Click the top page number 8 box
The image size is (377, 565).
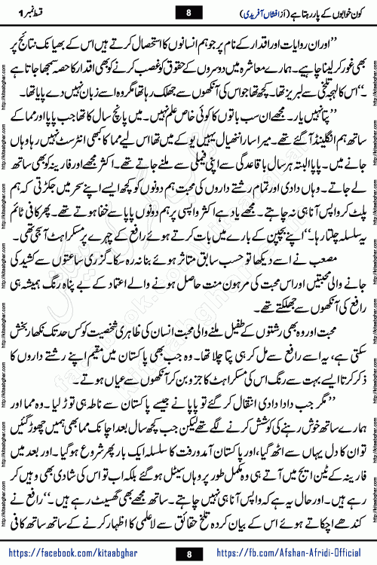188,11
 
